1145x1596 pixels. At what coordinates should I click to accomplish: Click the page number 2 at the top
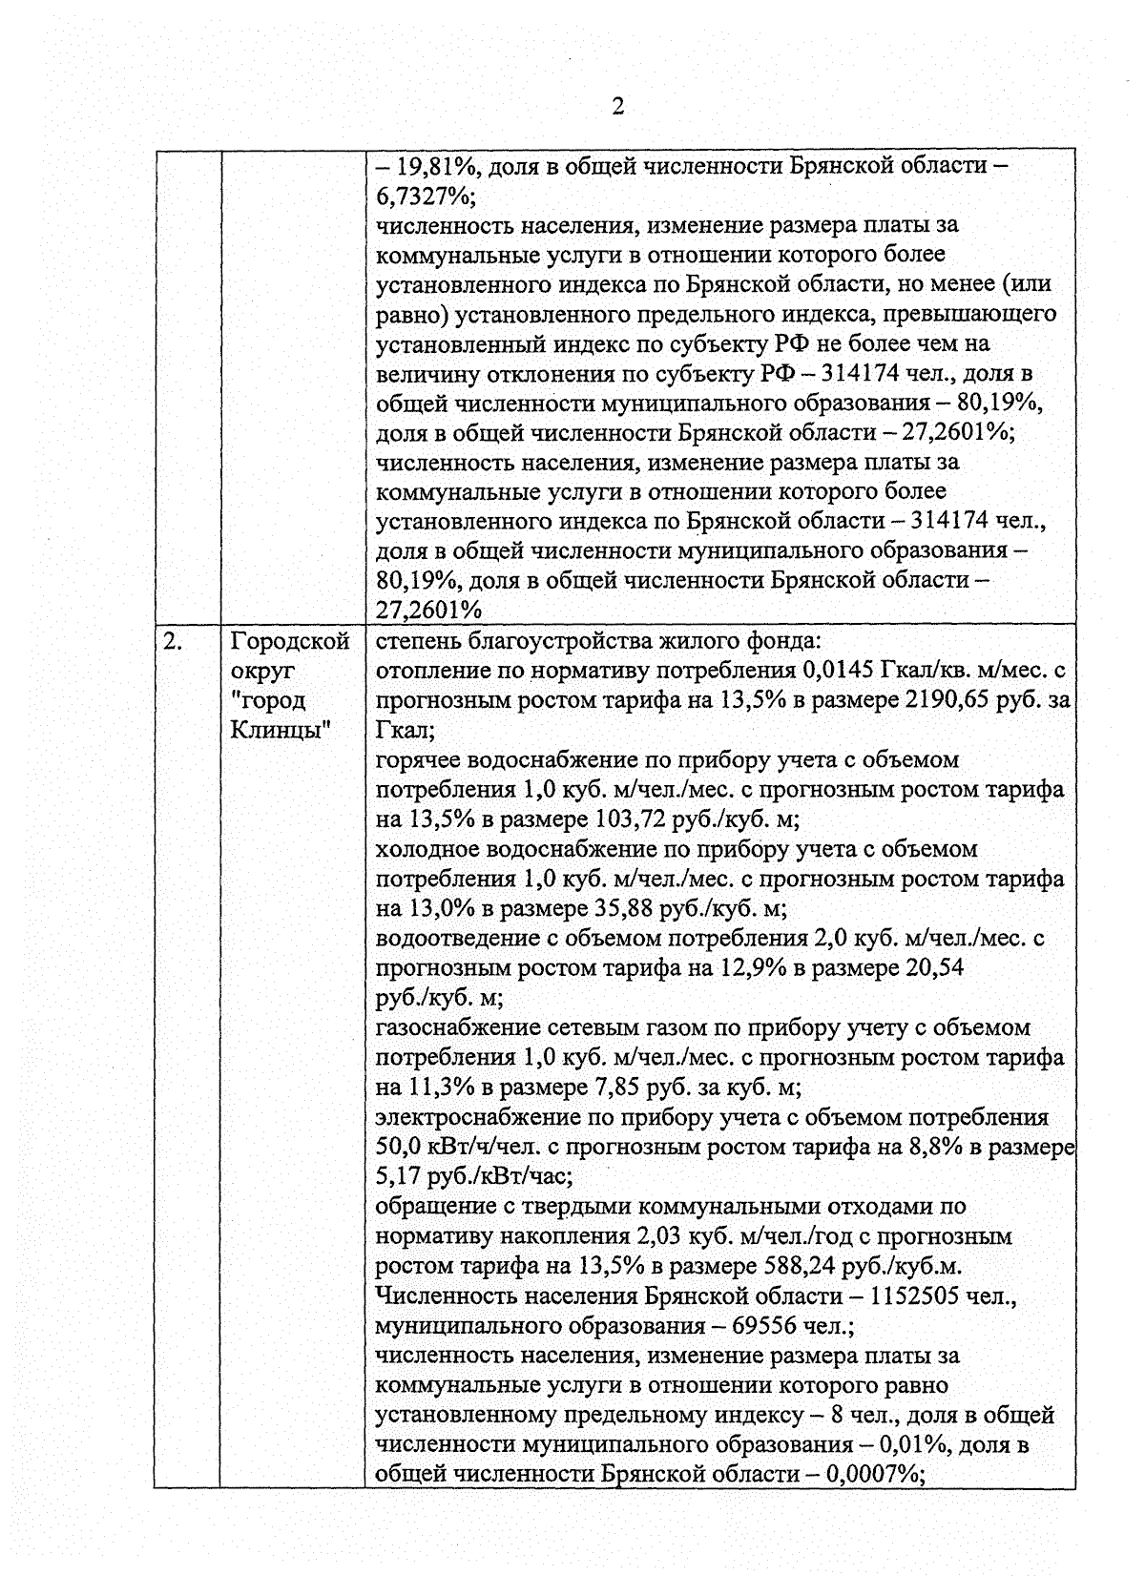click(x=617, y=107)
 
